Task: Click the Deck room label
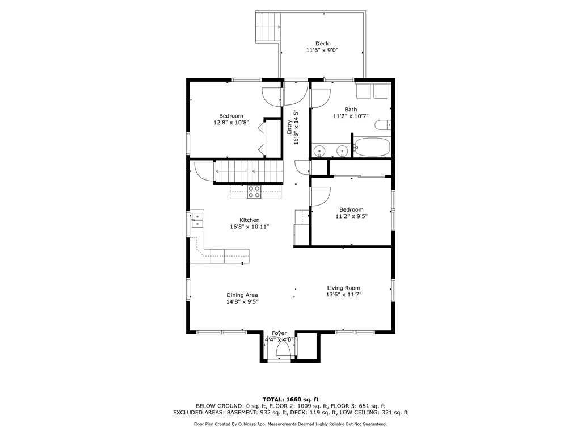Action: tap(322, 44)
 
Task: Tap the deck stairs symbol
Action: tap(267, 27)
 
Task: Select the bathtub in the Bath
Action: tap(372, 147)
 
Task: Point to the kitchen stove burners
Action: tap(254, 192)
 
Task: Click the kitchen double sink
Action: tap(197, 220)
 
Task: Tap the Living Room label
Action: tap(343, 288)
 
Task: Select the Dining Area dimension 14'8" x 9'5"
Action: tap(242, 302)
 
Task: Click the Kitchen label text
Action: tap(249, 220)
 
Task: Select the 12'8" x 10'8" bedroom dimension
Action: tap(231, 123)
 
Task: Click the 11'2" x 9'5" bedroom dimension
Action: tap(351, 216)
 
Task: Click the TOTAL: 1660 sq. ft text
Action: tap(290, 399)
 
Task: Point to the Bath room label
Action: tap(351, 110)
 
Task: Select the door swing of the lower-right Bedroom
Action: tap(320, 196)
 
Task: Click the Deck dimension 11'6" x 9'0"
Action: tap(322, 51)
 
